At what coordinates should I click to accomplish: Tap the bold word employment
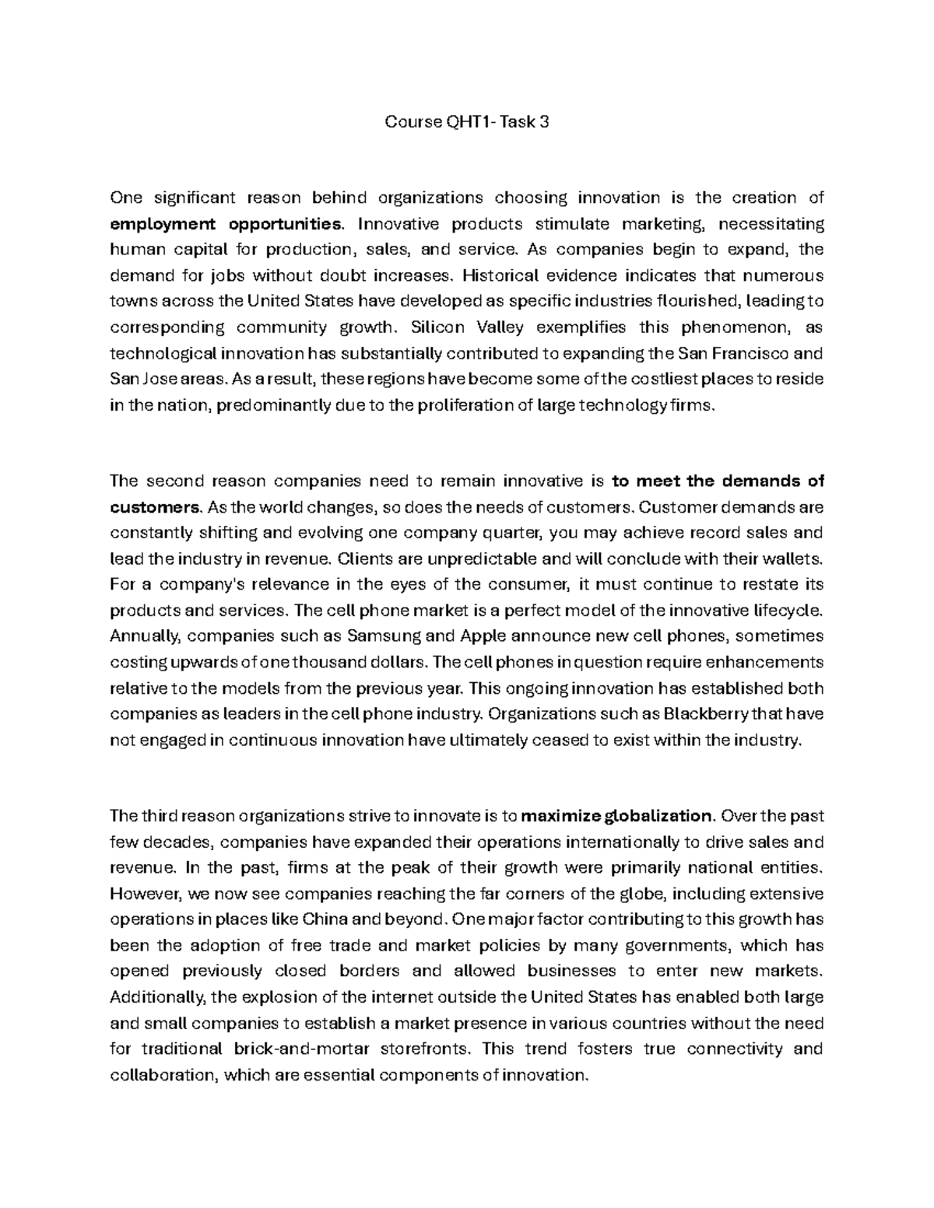pos(162,225)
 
